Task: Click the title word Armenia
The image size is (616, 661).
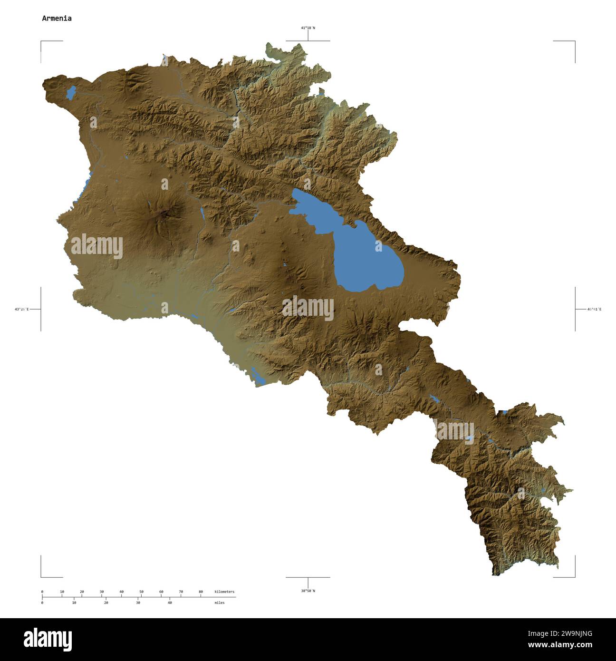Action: [x=57, y=19]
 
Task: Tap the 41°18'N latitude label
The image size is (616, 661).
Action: [x=308, y=28]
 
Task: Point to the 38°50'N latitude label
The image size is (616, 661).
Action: [x=308, y=591]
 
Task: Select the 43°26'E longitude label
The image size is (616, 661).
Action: [x=21, y=310]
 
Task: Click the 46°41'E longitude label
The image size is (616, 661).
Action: [x=594, y=310]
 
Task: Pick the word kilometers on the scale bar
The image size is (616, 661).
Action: [x=224, y=592]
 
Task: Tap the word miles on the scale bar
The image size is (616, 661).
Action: [x=219, y=603]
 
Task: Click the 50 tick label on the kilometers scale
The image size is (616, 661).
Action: [x=141, y=592]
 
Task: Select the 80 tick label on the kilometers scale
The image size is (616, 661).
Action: [x=201, y=592]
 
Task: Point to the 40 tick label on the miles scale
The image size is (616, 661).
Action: [x=170, y=603]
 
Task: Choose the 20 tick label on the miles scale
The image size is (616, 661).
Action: [x=106, y=603]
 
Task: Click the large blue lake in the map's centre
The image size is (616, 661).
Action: [x=361, y=252]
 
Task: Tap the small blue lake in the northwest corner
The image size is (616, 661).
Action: [x=71, y=92]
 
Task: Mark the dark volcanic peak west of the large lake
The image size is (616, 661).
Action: [x=165, y=214]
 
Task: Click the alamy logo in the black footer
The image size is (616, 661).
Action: [x=48, y=640]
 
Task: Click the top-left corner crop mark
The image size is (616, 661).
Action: [x=41, y=42]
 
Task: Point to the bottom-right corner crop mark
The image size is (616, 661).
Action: [x=574, y=576]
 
